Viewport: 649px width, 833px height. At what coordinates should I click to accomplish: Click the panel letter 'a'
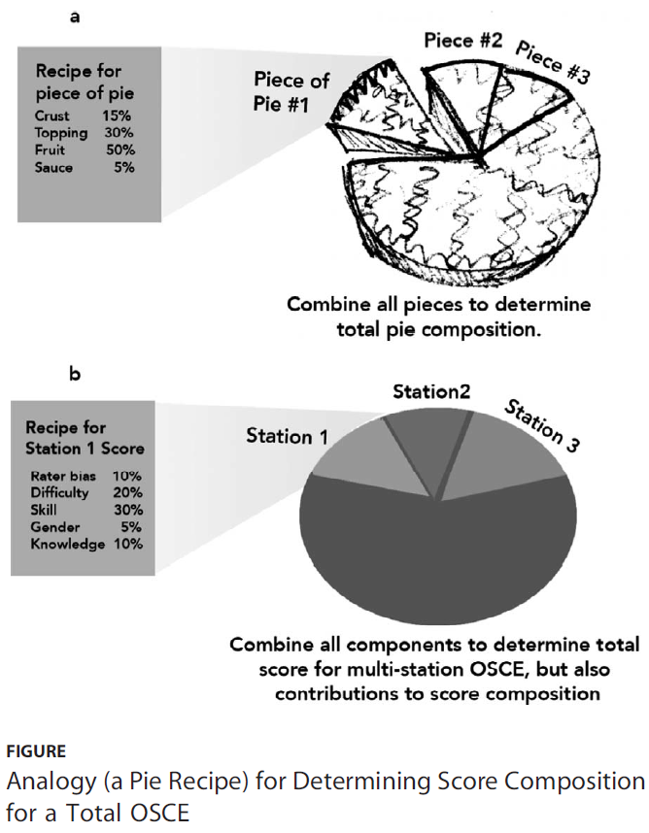click(x=75, y=17)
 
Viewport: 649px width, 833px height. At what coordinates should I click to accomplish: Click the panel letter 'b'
click(x=75, y=373)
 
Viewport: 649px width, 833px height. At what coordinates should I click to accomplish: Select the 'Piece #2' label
click(x=462, y=41)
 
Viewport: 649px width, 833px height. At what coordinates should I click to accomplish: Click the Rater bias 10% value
click(x=127, y=476)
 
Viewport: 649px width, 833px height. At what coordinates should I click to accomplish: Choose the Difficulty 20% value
click(x=127, y=493)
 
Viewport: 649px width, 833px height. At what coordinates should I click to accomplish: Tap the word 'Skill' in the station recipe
click(x=47, y=511)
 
